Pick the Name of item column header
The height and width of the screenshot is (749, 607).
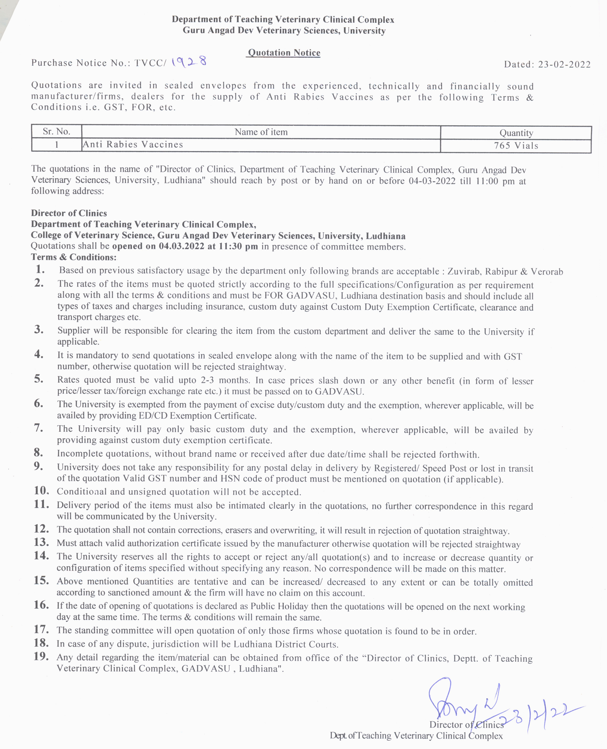point(261,132)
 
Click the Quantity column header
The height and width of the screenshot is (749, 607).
point(516,133)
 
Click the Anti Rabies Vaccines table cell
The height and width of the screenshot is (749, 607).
point(133,144)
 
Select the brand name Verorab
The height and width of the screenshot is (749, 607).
point(547,272)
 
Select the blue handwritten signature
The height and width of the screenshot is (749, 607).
point(461,701)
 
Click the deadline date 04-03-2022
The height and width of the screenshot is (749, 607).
point(432,181)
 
